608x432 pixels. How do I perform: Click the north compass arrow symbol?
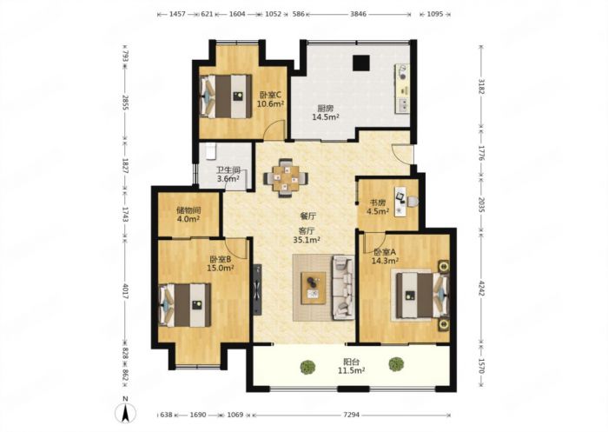click(x=125, y=412)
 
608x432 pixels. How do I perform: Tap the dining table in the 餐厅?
click(x=286, y=178)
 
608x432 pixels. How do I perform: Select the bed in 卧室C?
click(x=225, y=96)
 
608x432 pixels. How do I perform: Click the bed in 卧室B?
click(x=185, y=305)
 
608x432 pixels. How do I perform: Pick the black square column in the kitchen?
click(x=360, y=63)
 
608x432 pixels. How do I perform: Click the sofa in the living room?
click(x=343, y=287)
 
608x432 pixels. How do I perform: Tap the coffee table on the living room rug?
click(x=314, y=288)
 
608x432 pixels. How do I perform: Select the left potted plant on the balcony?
click(x=307, y=367)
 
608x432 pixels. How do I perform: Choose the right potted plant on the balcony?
click(x=396, y=364)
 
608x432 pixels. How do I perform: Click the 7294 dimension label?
click(x=351, y=415)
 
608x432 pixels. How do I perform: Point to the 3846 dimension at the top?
click(x=358, y=15)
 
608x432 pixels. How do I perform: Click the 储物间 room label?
click(x=188, y=210)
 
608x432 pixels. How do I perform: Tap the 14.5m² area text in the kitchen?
click(x=326, y=116)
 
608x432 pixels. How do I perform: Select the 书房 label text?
click(x=378, y=203)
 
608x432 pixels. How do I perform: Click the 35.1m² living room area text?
click(x=307, y=240)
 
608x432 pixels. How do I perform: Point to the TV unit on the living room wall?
click(x=257, y=289)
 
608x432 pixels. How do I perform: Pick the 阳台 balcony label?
click(x=351, y=362)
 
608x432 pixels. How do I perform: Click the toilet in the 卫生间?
click(x=210, y=151)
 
